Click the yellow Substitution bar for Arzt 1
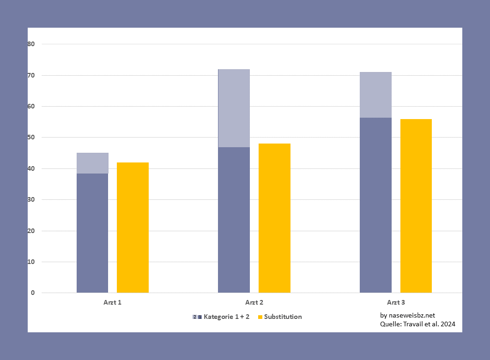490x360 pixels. (x=133, y=228)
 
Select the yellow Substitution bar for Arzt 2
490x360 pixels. (x=274, y=218)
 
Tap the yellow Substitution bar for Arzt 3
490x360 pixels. (x=416, y=206)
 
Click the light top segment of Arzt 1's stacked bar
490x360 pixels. (x=92, y=163)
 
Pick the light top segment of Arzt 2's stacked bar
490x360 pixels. (x=234, y=108)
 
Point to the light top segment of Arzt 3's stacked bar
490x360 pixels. (x=375, y=95)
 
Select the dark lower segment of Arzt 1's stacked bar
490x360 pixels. (x=92, y=233)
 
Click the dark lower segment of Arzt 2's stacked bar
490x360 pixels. (x=234, y=220)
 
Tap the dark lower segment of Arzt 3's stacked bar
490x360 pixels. (x=375, y=205)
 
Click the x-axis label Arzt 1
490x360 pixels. (x=113, y=303)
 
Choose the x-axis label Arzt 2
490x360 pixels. (x=254, y=303)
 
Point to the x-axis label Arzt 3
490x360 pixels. (x=396, y=303)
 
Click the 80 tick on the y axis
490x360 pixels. (x=31, y=44)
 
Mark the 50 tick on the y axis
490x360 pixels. (x=31, y=138)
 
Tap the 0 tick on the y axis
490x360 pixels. (x=33, y=293)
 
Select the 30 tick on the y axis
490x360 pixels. (x=31, y=200)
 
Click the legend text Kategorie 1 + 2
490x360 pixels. (x=226, y=317)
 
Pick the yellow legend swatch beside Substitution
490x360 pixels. (x=260, y=317)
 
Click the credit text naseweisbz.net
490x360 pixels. (x=407, y=315)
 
